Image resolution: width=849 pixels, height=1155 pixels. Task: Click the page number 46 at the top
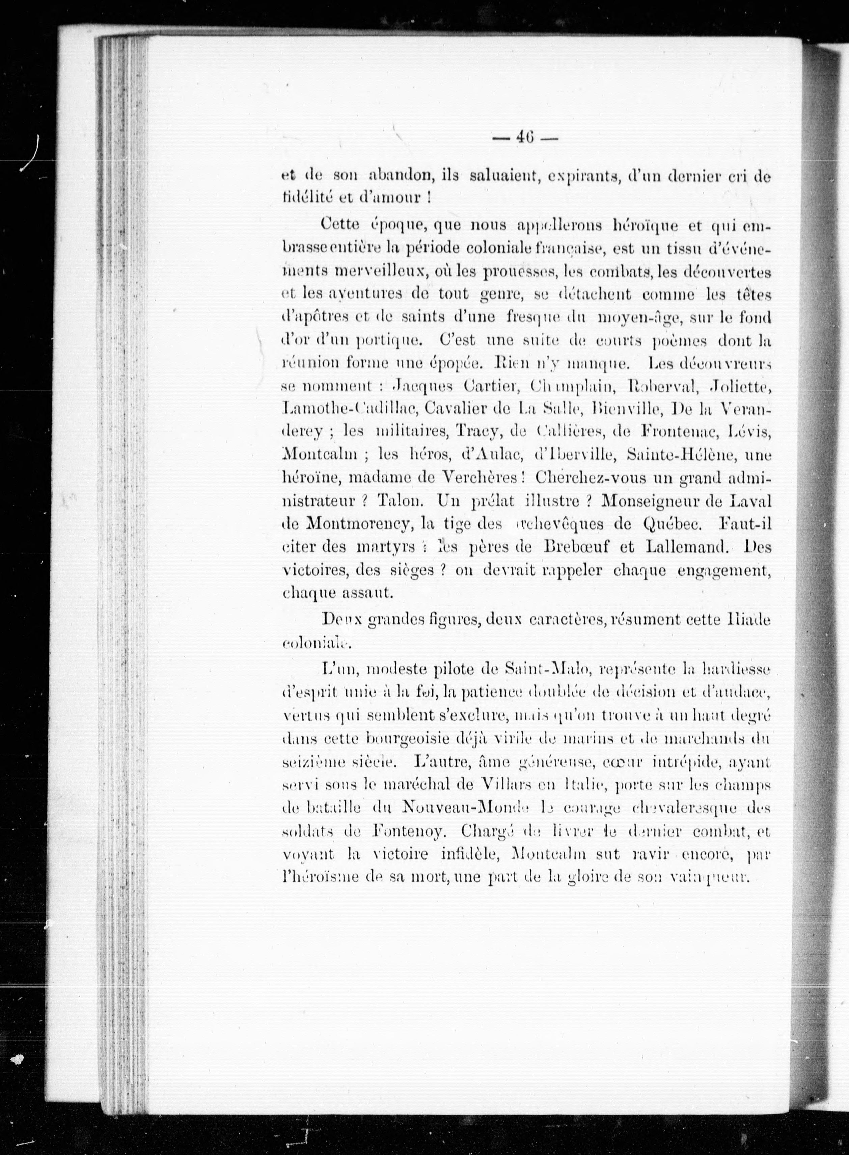pyautogui.click(x=525, y=138)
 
